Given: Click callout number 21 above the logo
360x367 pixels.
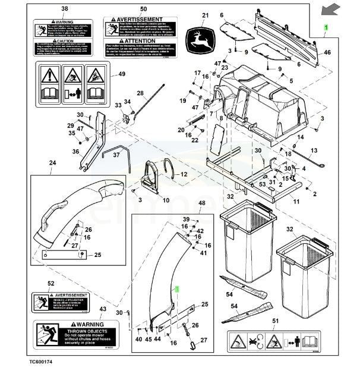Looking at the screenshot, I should pos(206,16).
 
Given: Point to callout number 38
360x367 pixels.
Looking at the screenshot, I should pos(65,9).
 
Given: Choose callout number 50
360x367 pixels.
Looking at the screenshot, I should pos(143,9).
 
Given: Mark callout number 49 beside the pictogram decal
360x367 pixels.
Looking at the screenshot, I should pos(122,74).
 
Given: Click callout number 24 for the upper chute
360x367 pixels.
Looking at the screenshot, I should pos(52,163).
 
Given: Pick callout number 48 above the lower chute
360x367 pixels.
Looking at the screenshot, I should pos(201,203).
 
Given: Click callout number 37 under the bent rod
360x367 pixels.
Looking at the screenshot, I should pos(116,155).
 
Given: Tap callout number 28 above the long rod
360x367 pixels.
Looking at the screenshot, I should pos(140,93).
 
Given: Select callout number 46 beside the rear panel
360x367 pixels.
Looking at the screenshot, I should pos(327,53).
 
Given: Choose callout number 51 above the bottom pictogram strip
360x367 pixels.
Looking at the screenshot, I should pos(274,321).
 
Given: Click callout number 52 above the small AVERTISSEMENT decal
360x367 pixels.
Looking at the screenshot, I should pos(51,284).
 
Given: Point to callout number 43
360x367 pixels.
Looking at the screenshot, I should pos(103,309).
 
